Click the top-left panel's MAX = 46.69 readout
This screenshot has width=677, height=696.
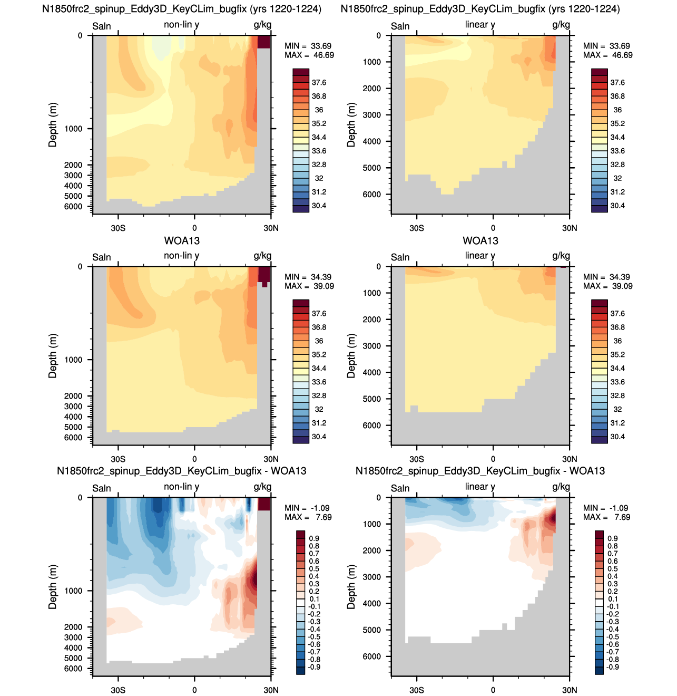[309, 55]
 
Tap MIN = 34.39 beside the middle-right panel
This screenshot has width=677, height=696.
[607, 277]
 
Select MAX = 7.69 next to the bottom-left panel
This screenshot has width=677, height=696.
[308, 517]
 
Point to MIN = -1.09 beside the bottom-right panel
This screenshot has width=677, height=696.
[606, 508]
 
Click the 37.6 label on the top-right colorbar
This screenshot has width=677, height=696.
[617, 83]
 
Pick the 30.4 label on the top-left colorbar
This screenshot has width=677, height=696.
[319, 206]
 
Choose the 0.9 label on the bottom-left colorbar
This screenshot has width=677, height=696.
[314, 538]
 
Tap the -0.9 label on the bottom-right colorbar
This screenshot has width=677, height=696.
[612, 667]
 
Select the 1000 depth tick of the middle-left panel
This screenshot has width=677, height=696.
[73, 360]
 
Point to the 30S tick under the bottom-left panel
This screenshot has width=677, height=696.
[118, 690]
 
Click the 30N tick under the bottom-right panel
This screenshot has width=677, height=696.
[570, 690]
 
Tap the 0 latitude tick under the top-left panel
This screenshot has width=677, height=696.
[194, 228]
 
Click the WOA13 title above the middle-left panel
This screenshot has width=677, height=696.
[182, 241]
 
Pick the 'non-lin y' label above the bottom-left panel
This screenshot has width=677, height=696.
[182, 487]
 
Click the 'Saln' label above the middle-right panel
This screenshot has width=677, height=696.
[400, 257]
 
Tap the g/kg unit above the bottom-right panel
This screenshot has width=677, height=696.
[561, 487]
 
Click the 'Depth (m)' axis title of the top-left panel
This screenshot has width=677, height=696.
[53, 125]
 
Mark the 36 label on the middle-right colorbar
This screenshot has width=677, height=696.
[617, 341]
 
